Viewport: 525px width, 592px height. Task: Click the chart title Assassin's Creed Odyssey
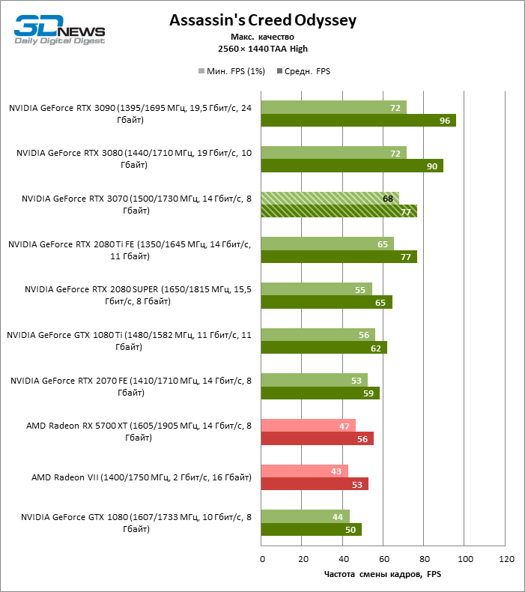(262, 20)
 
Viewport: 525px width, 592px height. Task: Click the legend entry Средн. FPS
(303, 71)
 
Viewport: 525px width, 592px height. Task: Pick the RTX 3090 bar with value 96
(358, 121)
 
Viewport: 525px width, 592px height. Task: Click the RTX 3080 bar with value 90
(352, 166)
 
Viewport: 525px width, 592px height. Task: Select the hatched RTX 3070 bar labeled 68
(330, 198)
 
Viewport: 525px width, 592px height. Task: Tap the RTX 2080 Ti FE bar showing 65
(327, 244)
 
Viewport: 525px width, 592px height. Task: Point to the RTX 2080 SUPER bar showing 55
(317, 289)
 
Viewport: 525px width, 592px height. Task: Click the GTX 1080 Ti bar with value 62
(324, 348)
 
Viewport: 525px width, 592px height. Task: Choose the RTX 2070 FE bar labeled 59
(321, 393)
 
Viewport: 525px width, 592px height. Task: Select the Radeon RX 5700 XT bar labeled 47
(309, 426)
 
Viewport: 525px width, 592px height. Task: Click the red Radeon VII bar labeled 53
(315, 484)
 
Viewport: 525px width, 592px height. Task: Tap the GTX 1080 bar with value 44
(306, 516)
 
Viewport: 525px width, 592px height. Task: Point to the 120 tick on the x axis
(506, 560)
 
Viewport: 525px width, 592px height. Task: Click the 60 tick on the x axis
(383, 560)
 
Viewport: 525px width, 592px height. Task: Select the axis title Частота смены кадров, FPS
(383, 575)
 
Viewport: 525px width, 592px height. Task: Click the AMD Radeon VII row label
(141, 477)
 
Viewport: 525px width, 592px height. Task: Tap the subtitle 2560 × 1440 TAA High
(262, 49)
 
